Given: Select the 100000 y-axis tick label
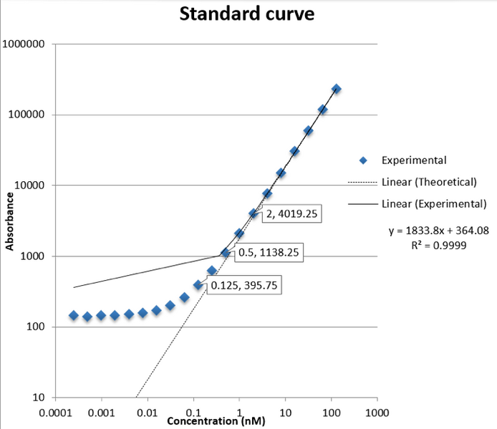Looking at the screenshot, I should coord(28,115).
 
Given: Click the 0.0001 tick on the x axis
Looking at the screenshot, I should coord(54,413).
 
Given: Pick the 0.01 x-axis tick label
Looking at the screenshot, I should coord(148,413).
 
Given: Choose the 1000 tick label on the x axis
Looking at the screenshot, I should coord(377,413).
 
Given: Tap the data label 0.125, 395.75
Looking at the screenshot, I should coord(243,285).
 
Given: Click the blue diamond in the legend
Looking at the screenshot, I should coord(363,160).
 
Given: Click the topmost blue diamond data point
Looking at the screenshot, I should coord(336,89).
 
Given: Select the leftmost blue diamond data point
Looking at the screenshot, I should coord(73,315).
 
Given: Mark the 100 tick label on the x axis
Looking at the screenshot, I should coord(331,413).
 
